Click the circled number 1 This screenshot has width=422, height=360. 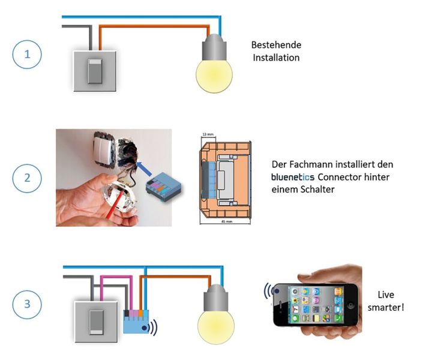tap(26, 56)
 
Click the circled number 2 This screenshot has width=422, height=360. tap(26, 179)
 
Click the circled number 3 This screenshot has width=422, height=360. tap(26, 303)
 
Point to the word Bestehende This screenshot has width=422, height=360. tap(276, 46)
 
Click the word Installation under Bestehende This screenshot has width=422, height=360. tap(276, 58)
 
